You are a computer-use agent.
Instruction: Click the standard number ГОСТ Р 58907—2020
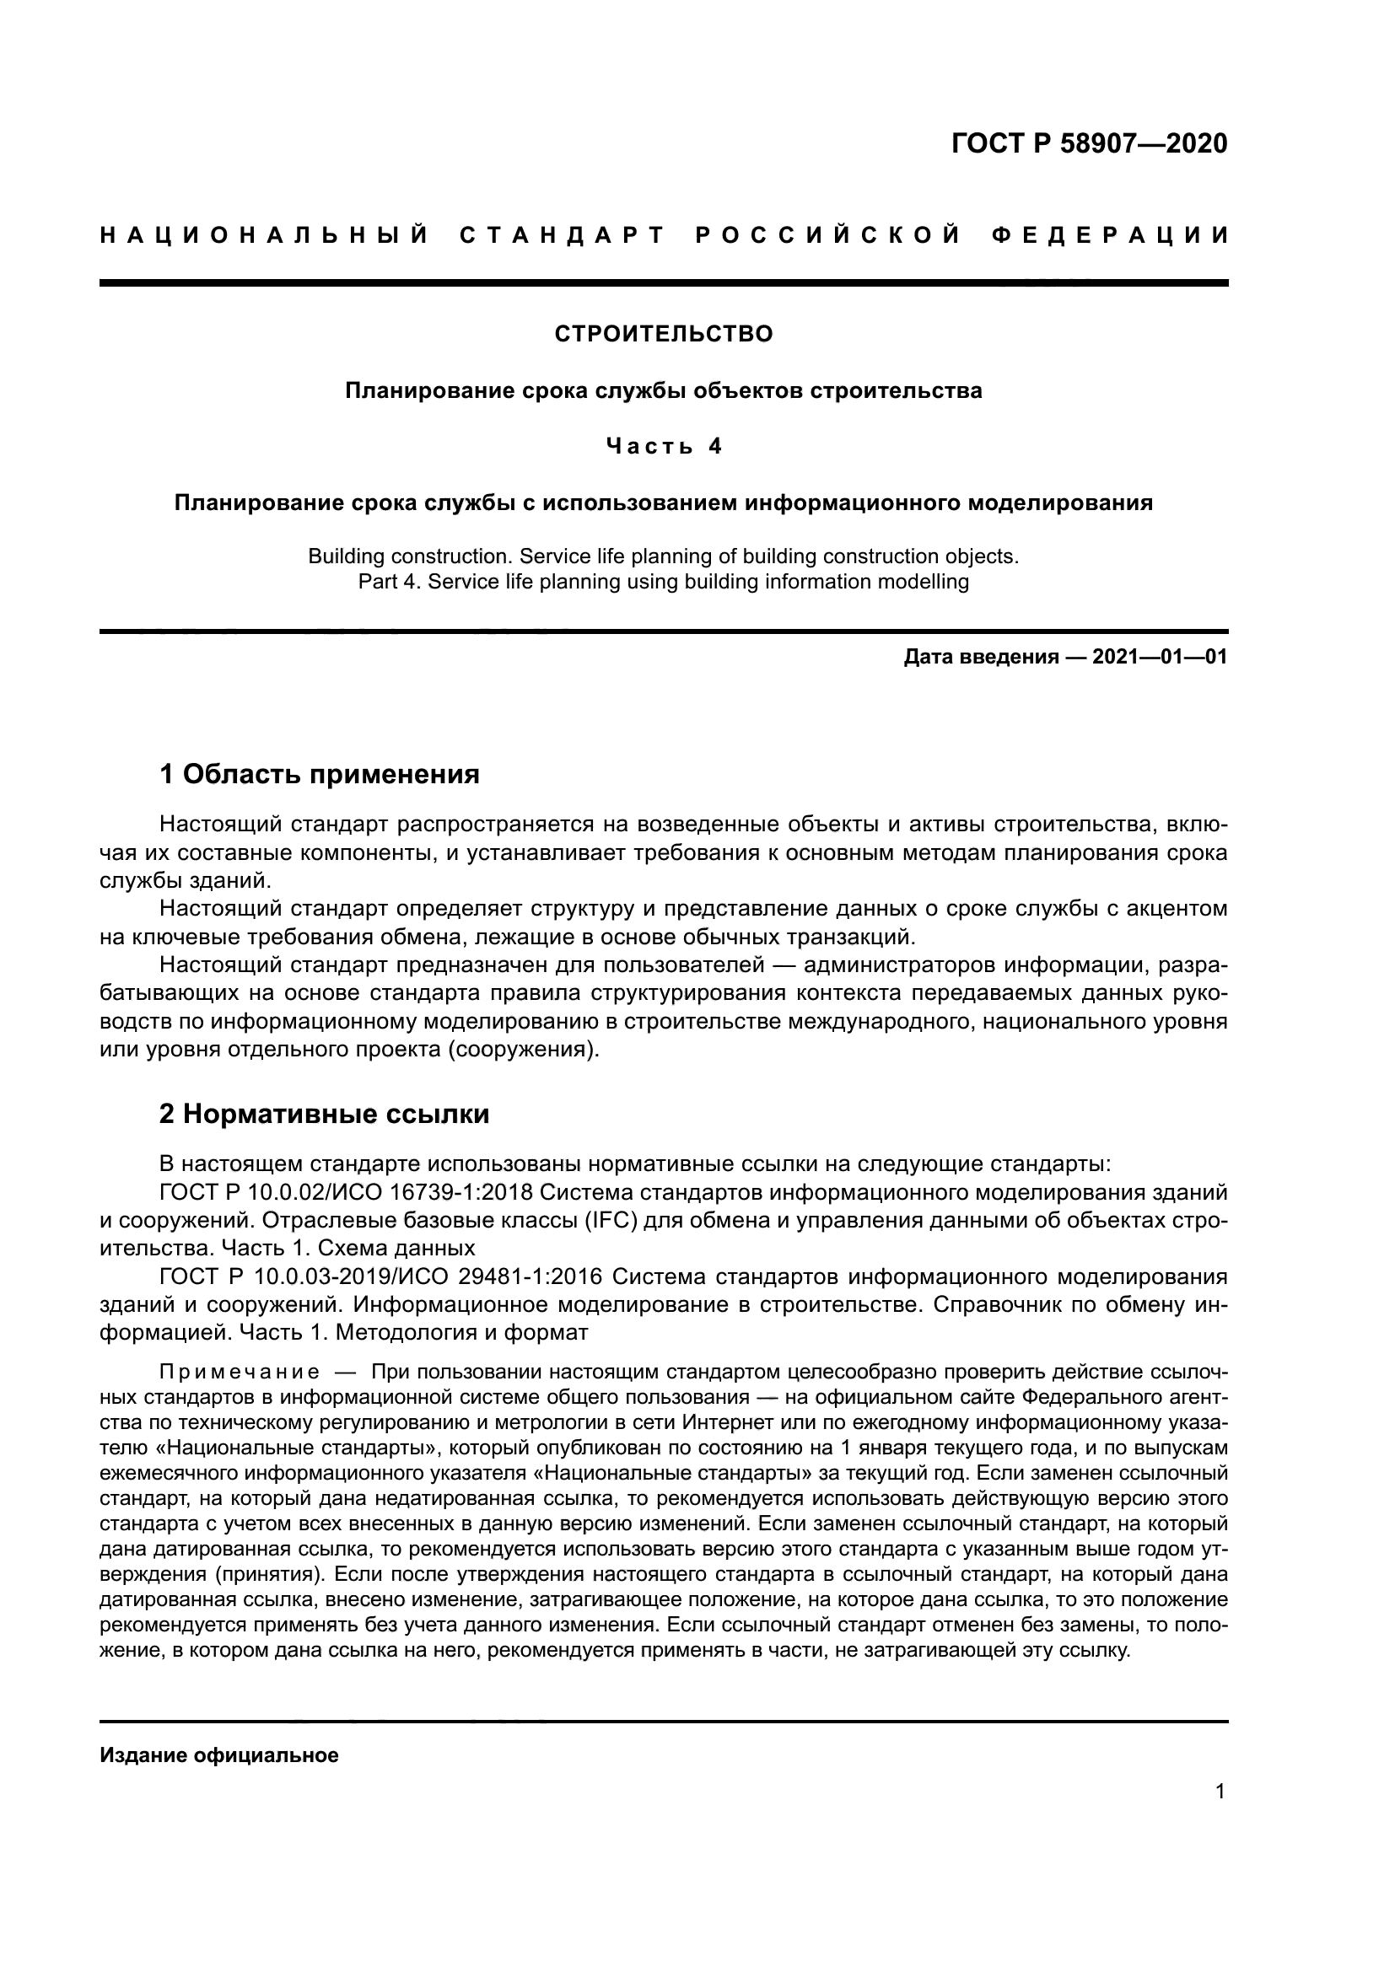(x=1089, y=143)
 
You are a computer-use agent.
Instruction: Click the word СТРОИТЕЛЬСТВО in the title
(x=663, y=334)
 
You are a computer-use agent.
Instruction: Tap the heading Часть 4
(x=664, y=446)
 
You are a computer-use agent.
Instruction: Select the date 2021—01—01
(x=1159, y=658)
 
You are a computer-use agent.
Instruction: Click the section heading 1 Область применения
(x=319, y=775)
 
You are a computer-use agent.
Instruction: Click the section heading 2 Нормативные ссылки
(x=324, y=1114)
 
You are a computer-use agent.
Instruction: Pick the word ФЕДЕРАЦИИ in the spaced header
(x=1109, y=235)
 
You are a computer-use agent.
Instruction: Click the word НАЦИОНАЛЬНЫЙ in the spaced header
(x=265, y=235)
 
